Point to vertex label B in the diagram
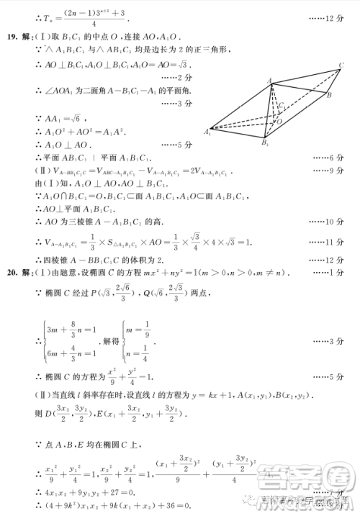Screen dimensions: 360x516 click(x=328, y=95)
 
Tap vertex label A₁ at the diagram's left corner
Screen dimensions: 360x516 click(x=207, y=132)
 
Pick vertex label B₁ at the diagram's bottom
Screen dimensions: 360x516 click(x=265, y=145)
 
